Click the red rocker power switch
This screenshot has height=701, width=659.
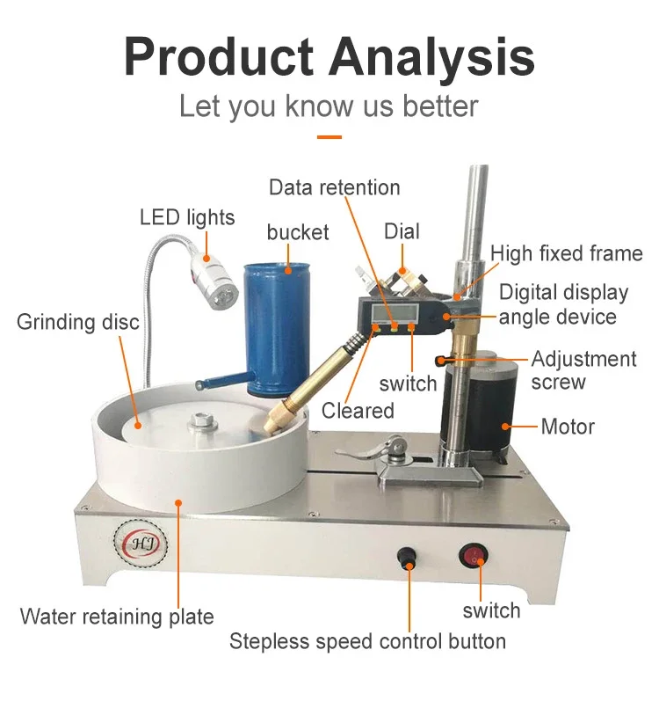pos(475,556)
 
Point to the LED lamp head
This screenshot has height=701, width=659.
pos(214,274)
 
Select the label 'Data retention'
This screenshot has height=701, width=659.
pos(334,187)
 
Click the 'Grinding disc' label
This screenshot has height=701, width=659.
pos(77,322)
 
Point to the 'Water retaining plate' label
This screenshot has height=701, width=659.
pos(117,616)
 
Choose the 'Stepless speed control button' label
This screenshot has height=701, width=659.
pos(367,640)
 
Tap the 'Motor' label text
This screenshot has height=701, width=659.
pos(568,427)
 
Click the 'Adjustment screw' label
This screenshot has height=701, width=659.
pos(583,370)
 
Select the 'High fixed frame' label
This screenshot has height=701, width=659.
pos(567,253)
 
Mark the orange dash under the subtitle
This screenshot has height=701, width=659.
pos(329,136)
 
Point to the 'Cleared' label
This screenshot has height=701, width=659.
pos(358,410)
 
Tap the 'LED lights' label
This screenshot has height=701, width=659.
pos(187,216)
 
